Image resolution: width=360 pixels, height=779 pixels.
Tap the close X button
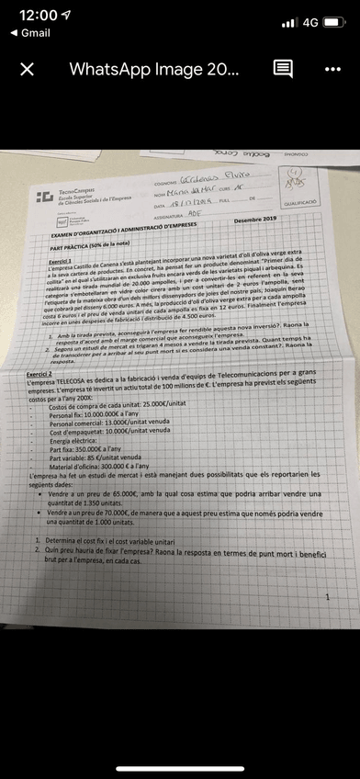(28, 70)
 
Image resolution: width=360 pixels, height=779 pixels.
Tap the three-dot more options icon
(332, 70)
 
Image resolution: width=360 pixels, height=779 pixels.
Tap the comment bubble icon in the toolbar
(283, 70)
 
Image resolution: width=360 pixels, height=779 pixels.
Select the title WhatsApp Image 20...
(154, 70)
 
